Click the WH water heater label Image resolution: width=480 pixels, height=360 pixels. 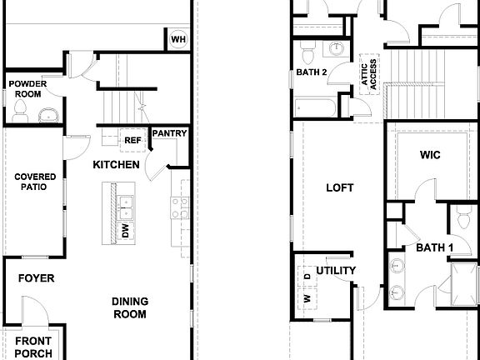click(179, 39)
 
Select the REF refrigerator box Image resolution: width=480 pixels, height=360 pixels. click(133, 140)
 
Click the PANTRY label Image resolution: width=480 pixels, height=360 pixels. click(170, 133)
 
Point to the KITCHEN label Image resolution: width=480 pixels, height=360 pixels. click(115, 165)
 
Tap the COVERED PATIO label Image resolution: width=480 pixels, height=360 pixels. click(34, 182)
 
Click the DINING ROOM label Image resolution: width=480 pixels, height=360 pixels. click(129, 307)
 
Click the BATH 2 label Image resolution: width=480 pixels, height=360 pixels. click(312, 72)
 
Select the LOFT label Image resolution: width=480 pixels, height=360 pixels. click(339, 188)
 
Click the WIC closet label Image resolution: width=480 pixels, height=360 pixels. click(430, 155)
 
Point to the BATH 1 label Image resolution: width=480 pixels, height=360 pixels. click(434, 247)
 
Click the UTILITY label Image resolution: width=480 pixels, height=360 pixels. click(337, 271)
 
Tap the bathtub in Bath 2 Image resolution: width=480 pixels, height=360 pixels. click(315, 108)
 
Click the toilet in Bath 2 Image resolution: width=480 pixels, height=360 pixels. click(307, 54)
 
